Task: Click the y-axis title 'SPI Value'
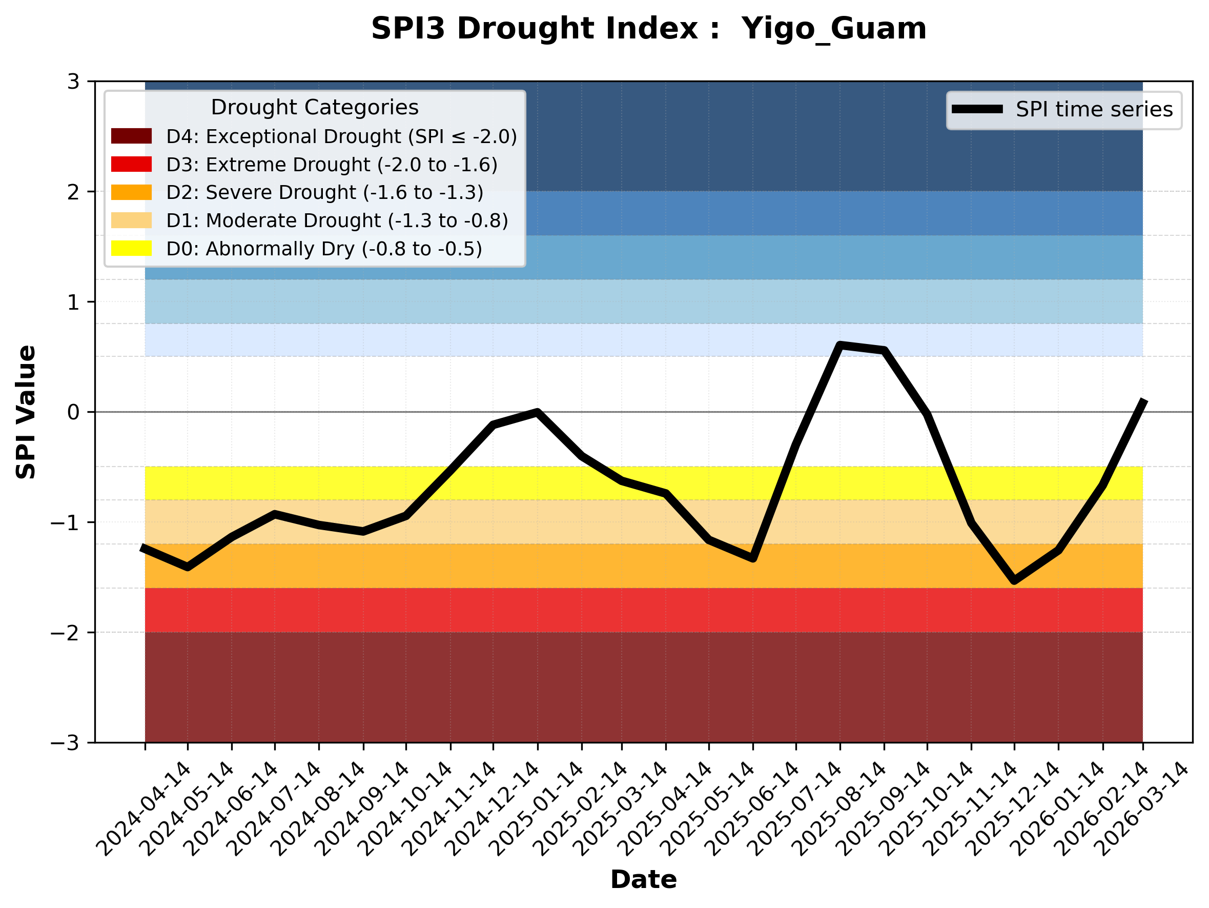coord(26,412)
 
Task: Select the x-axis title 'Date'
coord(643,880)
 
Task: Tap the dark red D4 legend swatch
coord(131,136)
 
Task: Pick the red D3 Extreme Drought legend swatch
coord(131,164)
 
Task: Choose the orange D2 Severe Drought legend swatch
coord(131,192)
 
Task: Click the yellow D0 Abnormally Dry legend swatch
coord(131,248)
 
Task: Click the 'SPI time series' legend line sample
coord(977,109)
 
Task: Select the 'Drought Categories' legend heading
coord(314,107)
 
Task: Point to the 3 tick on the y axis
coord(73,82)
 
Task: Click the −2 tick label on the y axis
coord(65,633)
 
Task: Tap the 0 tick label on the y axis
coord(73,412)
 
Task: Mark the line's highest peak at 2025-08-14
coord(840,345)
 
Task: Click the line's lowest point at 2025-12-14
coord(1014,580)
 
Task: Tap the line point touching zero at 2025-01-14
coord(538,412)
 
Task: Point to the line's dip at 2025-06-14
coord(753,558)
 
